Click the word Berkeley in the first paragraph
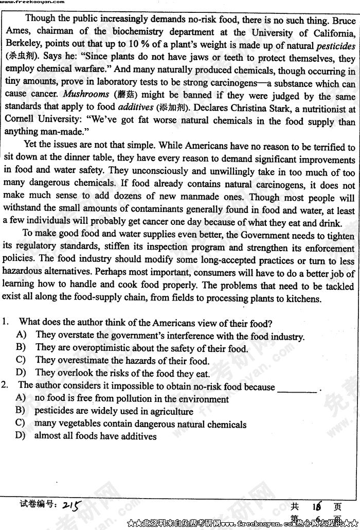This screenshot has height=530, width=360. pos(22,45)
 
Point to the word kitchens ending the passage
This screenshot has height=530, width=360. pos(302,299)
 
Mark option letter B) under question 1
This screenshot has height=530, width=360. pos(21,348)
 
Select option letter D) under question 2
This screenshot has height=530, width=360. pos(21,436)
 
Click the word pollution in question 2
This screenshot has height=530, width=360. pos(128,399)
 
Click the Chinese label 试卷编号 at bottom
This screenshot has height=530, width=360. pos(37,505)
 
